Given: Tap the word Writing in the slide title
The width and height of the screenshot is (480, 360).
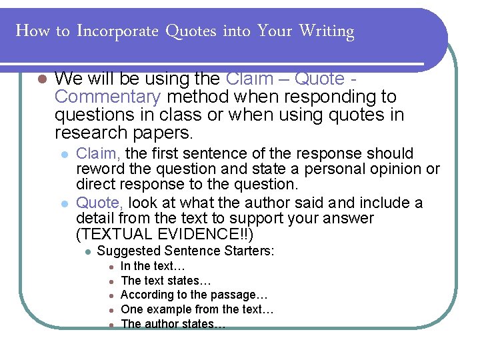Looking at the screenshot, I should (x=326, y=31).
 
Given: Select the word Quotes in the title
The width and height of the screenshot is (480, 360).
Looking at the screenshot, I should (x=190, y=31).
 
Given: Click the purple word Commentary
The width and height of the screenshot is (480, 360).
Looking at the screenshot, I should (x=108, y=97).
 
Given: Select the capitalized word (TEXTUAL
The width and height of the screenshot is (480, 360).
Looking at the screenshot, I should (x=109, y=234).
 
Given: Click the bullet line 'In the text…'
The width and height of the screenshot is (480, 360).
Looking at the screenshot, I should (x=148, y=267).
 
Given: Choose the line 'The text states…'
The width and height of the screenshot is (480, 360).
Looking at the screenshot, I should (x=160, y=281).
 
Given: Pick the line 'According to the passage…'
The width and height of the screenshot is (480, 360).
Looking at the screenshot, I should (x=194, y=295).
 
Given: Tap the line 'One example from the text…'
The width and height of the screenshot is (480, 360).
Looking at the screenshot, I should (x=197, y=309).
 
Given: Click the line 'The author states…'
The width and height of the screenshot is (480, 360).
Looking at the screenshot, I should (x=173, y=324).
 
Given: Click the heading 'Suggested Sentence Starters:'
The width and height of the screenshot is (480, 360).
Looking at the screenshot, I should (x=186, y=251).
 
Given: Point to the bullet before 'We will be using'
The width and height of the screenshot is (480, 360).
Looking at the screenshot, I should (x=42, y=79).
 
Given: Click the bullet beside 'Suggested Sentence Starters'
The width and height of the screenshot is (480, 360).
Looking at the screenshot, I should (x=87, y=252).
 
